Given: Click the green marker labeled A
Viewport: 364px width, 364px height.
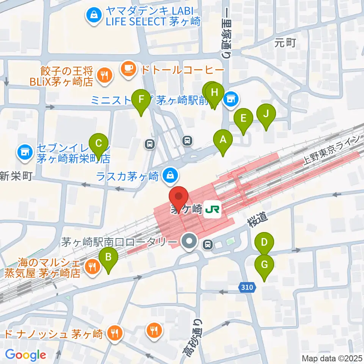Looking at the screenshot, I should pyautogui.click(x=223, y=140).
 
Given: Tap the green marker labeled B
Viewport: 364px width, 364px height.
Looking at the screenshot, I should pyautogui.click(x=108, y=258).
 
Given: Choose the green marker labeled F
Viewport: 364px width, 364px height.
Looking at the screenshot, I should pyautogui.click(x=141, y=100).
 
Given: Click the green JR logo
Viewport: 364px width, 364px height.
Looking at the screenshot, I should pyautogui.click(x=212, y=209).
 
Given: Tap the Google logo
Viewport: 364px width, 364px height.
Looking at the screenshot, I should pyautogui.click(x=26, y=355).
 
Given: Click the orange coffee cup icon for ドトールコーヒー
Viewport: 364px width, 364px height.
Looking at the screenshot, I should pyautogui.click(x=127, y=69).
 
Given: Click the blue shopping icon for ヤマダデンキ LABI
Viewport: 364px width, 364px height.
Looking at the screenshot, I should pyautogui.click(x=93, y=15).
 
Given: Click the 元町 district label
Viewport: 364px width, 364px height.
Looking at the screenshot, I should pyautogui.click(x=285, y=43).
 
